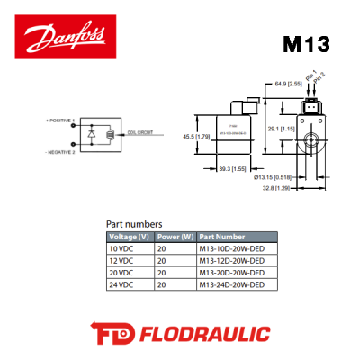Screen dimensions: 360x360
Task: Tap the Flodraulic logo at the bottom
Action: click(x=180, y=334)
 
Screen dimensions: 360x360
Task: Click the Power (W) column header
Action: click(x=175, y=237)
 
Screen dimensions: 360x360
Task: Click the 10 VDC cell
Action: click(x=120, y=248)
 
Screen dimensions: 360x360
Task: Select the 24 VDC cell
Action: click(x=120, y=284)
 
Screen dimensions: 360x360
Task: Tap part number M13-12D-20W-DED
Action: click(x=231, y=260)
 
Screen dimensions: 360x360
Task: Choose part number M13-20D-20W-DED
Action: click(x=231, y=273)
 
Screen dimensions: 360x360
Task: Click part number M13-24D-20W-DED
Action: click(x=231, y=284)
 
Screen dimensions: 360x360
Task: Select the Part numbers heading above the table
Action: click(x=134, y=223)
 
